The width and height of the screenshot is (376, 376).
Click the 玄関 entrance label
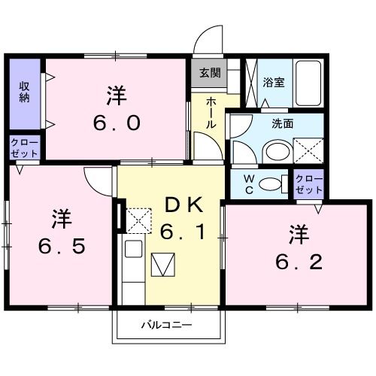tap(210, 73)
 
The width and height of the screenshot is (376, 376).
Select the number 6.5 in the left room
tap(59, 245)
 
